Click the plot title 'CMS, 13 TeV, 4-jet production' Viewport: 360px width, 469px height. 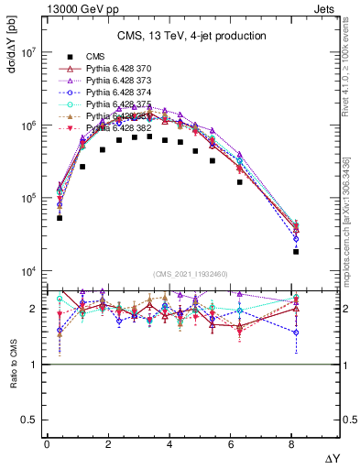pos(191,37)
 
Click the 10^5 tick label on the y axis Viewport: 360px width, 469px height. pos(27,199)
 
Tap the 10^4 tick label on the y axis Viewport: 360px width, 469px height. pos(27,272)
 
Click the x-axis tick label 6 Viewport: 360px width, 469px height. pos(232,444)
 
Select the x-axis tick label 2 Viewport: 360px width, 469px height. pos(108,444)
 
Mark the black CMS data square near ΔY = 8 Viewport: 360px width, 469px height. pos(296,251)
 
